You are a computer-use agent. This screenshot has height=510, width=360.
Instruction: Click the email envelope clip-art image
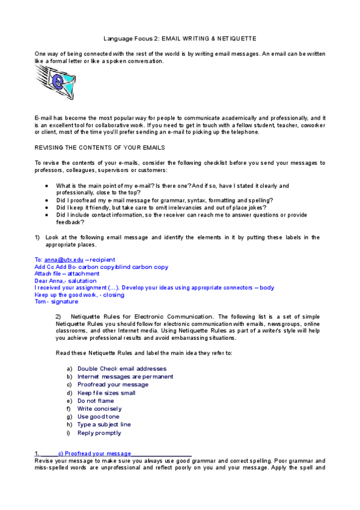tap(55, 82)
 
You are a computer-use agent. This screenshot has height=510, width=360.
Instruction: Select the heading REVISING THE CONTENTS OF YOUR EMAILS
tap(99, 147)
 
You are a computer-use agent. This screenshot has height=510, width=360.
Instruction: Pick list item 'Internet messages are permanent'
tap(125, 376)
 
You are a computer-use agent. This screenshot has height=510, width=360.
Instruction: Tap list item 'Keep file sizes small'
tap(106, 393)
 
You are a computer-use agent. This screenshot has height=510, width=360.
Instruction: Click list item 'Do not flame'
tap(96, 401)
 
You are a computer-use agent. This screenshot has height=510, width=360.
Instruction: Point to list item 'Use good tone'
tap(99, 416)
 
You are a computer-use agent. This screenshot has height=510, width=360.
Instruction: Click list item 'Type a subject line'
tap(104, 425)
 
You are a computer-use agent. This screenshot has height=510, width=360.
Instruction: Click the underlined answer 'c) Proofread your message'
tap(94, 453)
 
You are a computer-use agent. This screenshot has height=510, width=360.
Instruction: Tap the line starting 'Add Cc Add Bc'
tap(102, 266)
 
